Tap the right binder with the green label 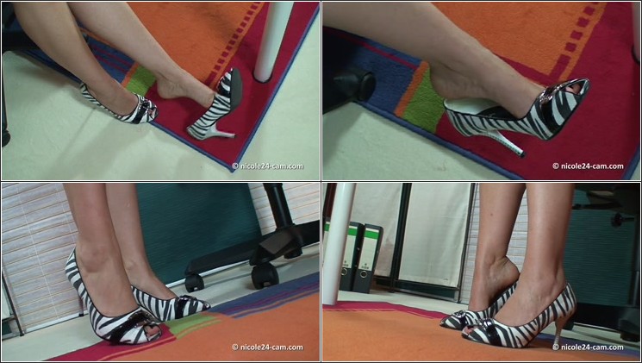click(370, 259)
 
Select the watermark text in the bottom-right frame click(588, 347)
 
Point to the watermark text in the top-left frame click(268, 166)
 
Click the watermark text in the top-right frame click(588, 166)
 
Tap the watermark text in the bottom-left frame click(268, 347)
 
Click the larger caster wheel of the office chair click(265, 277)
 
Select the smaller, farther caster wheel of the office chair click(194, 283)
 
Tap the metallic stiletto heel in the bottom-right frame click(558, 332)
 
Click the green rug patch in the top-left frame click(140, 80)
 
